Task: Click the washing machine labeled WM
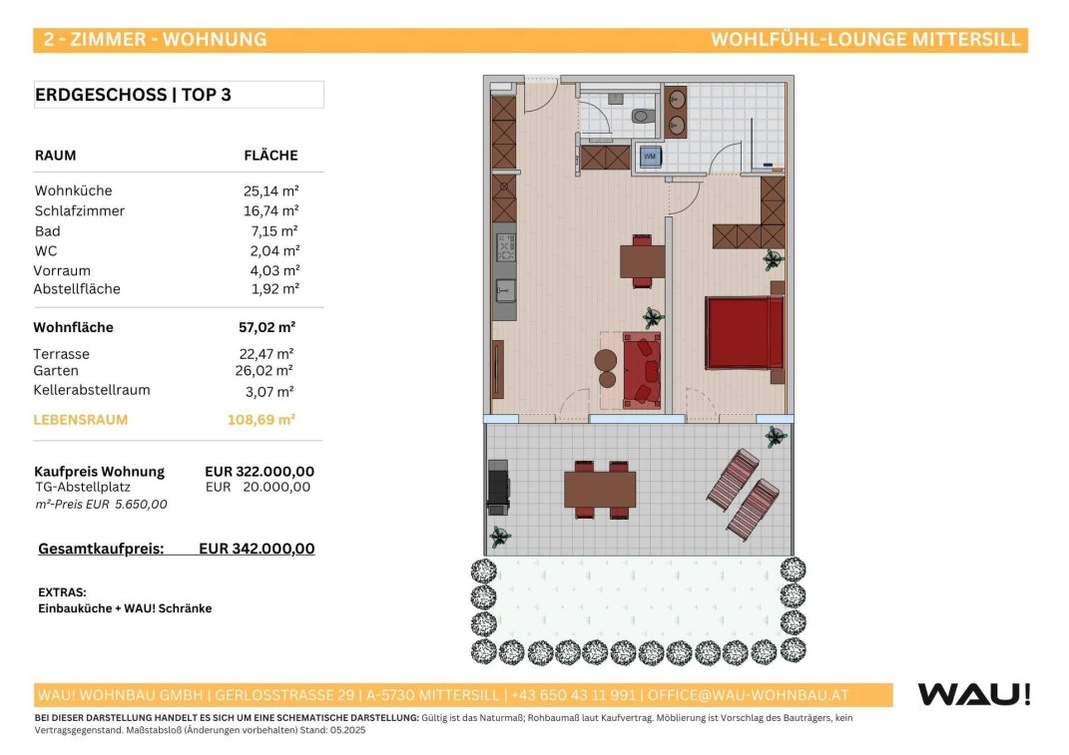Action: tap(650, 157)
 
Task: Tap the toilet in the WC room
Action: tap(641, 116)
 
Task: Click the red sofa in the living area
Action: tap(642, 371)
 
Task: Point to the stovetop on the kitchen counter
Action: tap(505, 247)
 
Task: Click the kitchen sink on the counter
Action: tap(505, 291)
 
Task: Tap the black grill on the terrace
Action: tap(498, 487)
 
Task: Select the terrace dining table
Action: tap(600, 490)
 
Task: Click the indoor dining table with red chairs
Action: tap(642, 261)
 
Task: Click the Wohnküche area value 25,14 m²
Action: tap(271, 190)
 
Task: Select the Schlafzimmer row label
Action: tap(80, 211)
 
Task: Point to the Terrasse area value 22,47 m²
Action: tap(267, 354)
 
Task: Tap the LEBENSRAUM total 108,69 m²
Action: tap(262, 420)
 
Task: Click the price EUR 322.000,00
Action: tap(260, 472)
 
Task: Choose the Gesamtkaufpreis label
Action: tap(101, 550)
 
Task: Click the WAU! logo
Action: tap(974, 694)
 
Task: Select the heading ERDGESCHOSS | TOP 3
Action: tap(133, 95)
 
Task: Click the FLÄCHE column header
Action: tap(270, 156)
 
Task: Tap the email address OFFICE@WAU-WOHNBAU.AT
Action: tap(748, 696)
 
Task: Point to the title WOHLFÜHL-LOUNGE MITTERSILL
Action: tap(865, 40)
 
